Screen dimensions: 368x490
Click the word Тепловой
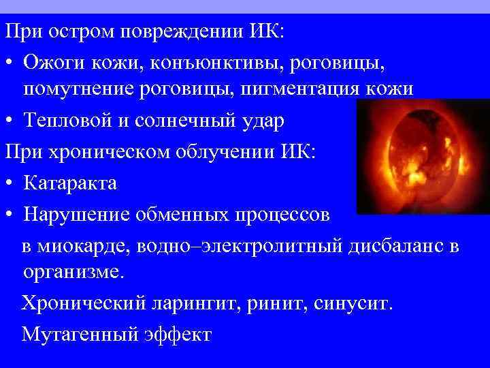pos(65,121)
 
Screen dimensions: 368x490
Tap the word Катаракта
pos(70,183)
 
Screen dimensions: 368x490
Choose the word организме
pos(73,273)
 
